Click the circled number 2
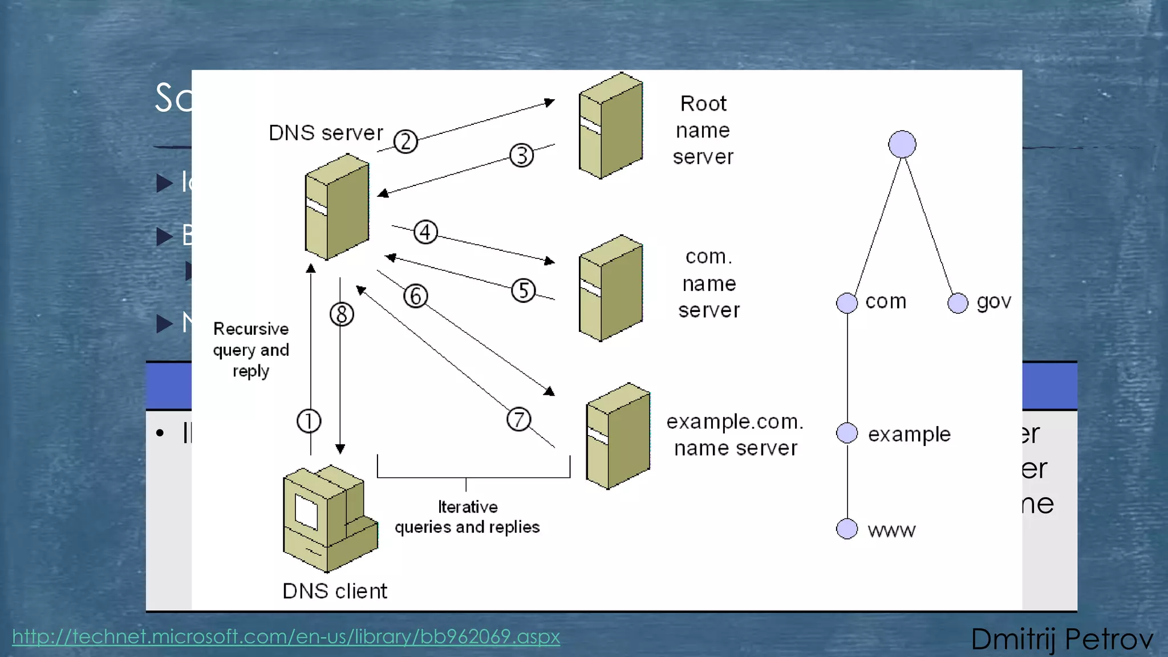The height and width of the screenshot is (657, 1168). tap(405, 141)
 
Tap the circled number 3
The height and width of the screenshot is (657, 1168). tap(521, 155)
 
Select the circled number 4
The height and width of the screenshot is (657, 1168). tap(425, 232)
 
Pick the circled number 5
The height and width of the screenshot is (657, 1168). tap(523, 290)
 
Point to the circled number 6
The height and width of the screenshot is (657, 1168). tap(415, 296)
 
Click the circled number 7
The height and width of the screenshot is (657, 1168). tap(518, 419)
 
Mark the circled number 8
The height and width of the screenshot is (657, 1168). tap(342, 314)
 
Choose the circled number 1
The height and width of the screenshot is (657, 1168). tap(309, 421)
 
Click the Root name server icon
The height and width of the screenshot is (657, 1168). tap(610, 125)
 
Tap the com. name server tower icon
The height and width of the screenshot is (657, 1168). tap(610, 288)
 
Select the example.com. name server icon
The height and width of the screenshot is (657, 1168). tap(618, 436)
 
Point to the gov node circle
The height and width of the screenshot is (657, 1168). tap(958, 303)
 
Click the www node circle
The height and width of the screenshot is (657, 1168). tap(846, 529)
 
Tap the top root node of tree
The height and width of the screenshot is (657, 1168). tap(902, 144)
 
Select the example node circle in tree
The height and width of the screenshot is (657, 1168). tap(846, 433)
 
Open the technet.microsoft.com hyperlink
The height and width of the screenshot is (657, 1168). tap(286, 636)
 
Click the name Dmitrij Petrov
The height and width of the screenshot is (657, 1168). tap(1061, 639)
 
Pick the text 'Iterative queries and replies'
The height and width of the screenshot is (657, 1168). tap(467, 517)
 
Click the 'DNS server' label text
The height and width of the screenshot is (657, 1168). tap(326, 133)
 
